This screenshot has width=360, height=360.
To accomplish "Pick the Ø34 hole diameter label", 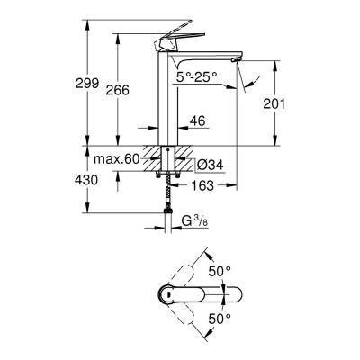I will point(208,166).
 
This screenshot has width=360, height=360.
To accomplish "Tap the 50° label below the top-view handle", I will point(220,318).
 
